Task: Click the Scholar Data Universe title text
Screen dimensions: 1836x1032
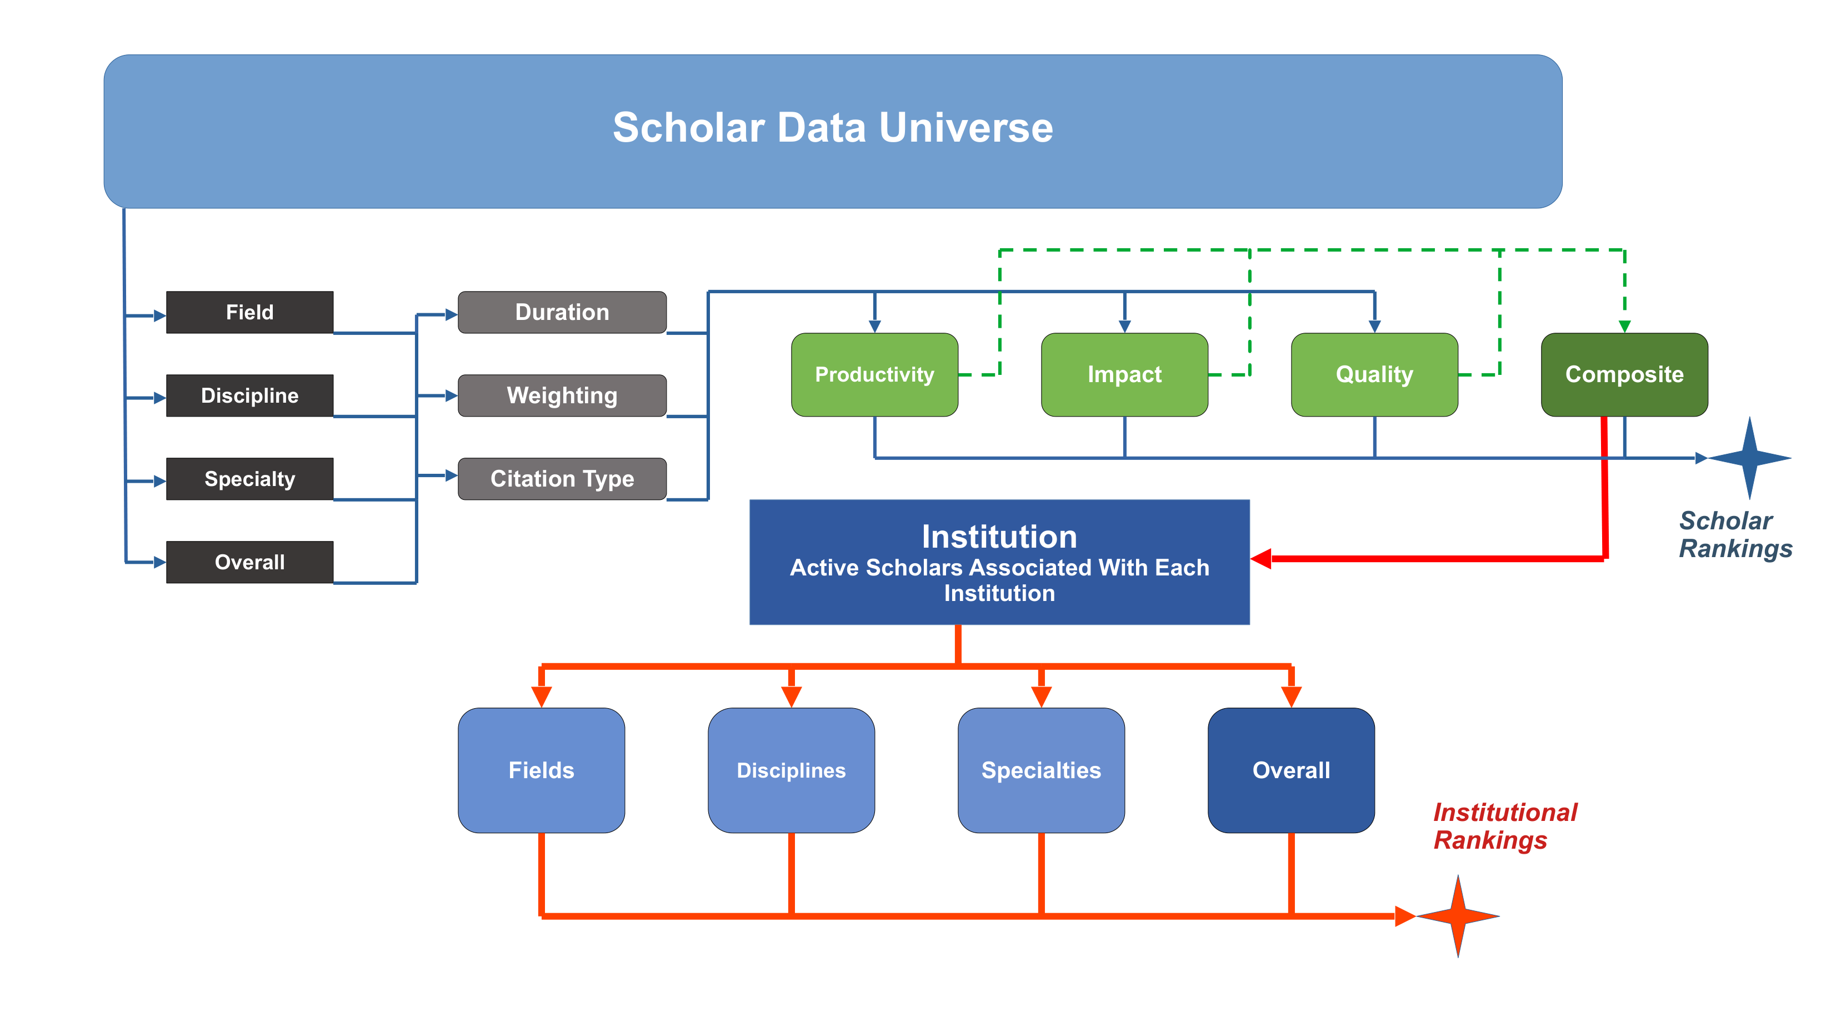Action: click(833, 128)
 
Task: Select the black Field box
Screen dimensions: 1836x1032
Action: click(249, 312)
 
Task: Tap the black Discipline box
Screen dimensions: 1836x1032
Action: click(249, 395)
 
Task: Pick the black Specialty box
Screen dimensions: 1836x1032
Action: click(249, 479)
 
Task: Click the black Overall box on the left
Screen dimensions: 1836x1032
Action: click(249, 562)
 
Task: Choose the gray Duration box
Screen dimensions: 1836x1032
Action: click(562, 312)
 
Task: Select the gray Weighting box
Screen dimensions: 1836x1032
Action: click(562, 395)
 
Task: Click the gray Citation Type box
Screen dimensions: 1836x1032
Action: click(562, 479)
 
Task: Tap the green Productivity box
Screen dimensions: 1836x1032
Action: click(874, 375)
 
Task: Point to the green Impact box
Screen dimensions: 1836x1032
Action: click(1125, 375)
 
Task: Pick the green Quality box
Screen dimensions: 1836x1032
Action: click(1375, 375)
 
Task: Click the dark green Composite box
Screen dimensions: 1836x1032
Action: click(1624, 375)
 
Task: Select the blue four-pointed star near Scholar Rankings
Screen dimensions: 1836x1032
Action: click(1750, 458)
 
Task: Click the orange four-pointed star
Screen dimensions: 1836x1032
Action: click(1458, 916)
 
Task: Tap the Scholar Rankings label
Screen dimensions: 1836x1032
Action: click(1735, 534)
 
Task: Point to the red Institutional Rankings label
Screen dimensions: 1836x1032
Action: click(1505, 826)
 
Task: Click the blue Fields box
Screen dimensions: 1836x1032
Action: click(542, 770)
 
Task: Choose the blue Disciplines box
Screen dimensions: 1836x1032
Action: click(791, 770)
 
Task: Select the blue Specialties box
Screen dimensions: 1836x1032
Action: click(1041, 770)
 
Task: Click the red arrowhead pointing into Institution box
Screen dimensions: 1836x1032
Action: click(1261, 559)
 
